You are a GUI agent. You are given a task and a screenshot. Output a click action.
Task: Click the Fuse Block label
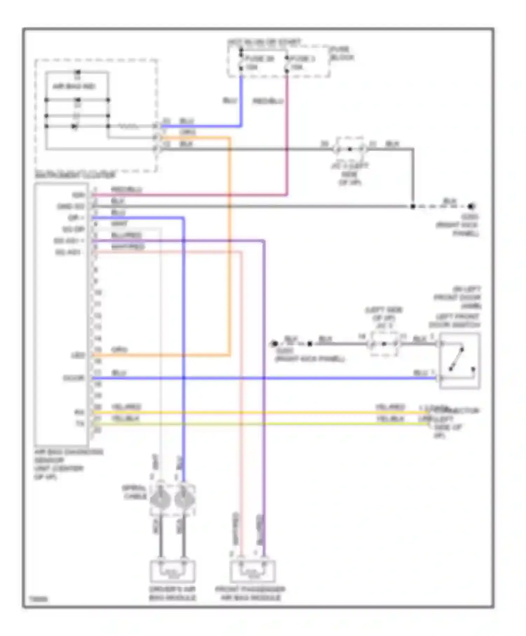[342, 53]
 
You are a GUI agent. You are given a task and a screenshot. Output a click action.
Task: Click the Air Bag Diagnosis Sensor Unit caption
[68, 464]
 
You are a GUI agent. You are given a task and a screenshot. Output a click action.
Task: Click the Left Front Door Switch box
[459, 361]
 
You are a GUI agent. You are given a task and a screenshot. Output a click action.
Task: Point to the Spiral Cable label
[134, 492]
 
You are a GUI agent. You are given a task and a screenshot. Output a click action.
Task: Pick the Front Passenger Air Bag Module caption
[250, 593]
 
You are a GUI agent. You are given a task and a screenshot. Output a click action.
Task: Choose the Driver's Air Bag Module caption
[172, 593]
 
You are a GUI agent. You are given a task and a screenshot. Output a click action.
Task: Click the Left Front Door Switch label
[454, 321]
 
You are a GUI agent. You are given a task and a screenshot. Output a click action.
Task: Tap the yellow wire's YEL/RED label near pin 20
[126, 407]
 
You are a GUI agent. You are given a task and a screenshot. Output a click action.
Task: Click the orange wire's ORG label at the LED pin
[119, 350]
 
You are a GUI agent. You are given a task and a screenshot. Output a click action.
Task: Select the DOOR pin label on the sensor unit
[74, 378]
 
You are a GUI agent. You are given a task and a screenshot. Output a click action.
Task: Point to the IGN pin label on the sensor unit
[79, 195]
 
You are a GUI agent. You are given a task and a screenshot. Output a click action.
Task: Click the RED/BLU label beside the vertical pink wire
[268, 101]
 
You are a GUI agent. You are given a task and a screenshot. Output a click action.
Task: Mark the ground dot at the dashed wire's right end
[472, 207]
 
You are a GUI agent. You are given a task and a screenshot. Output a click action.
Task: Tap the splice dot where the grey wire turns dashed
[413, 207]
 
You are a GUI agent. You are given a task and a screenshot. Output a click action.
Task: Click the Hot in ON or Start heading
[264, 42]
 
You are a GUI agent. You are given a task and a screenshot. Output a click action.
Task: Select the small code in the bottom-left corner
[38, 600]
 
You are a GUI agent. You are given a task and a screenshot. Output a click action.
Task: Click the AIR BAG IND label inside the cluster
[74, 86]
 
